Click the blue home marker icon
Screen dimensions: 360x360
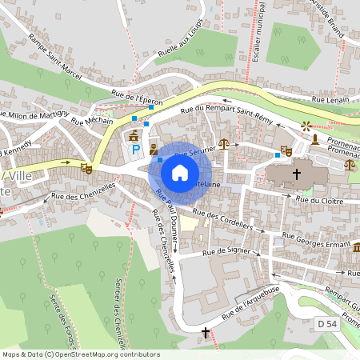[180, 173]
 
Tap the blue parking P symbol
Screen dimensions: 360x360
[135, 149]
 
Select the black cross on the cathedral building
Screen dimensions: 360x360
[297, 173]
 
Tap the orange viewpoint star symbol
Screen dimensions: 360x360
[304, 126]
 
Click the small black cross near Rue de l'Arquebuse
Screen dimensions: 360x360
[206, 331]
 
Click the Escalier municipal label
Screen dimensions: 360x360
[258, 40]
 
